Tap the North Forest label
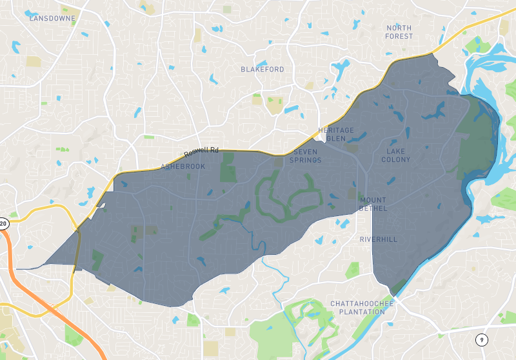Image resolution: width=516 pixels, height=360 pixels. point(399,32)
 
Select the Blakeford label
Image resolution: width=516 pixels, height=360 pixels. point(262,69)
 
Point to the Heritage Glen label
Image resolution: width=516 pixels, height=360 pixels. point(336,134)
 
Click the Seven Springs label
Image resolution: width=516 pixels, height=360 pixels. point(305,155)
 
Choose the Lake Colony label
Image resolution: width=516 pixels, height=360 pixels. point(396,155)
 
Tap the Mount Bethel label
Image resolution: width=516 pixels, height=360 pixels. point(373,204)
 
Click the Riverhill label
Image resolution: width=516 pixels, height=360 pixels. point(379,239)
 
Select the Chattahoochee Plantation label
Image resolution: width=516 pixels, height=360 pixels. point(357,307)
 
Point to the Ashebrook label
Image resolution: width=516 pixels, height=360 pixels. point(183,166)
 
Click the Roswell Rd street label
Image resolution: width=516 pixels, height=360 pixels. point(201,152)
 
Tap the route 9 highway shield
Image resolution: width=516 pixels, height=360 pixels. point(481,339)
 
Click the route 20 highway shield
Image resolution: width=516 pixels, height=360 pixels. point(3,224)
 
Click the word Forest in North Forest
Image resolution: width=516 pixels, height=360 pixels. point(399,36)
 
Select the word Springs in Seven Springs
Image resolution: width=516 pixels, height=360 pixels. point(305,160)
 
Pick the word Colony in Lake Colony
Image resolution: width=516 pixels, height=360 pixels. point(396,159)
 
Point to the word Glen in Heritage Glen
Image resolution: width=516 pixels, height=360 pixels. point(336,139)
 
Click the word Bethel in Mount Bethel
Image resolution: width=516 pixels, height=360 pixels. point(373,208)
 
